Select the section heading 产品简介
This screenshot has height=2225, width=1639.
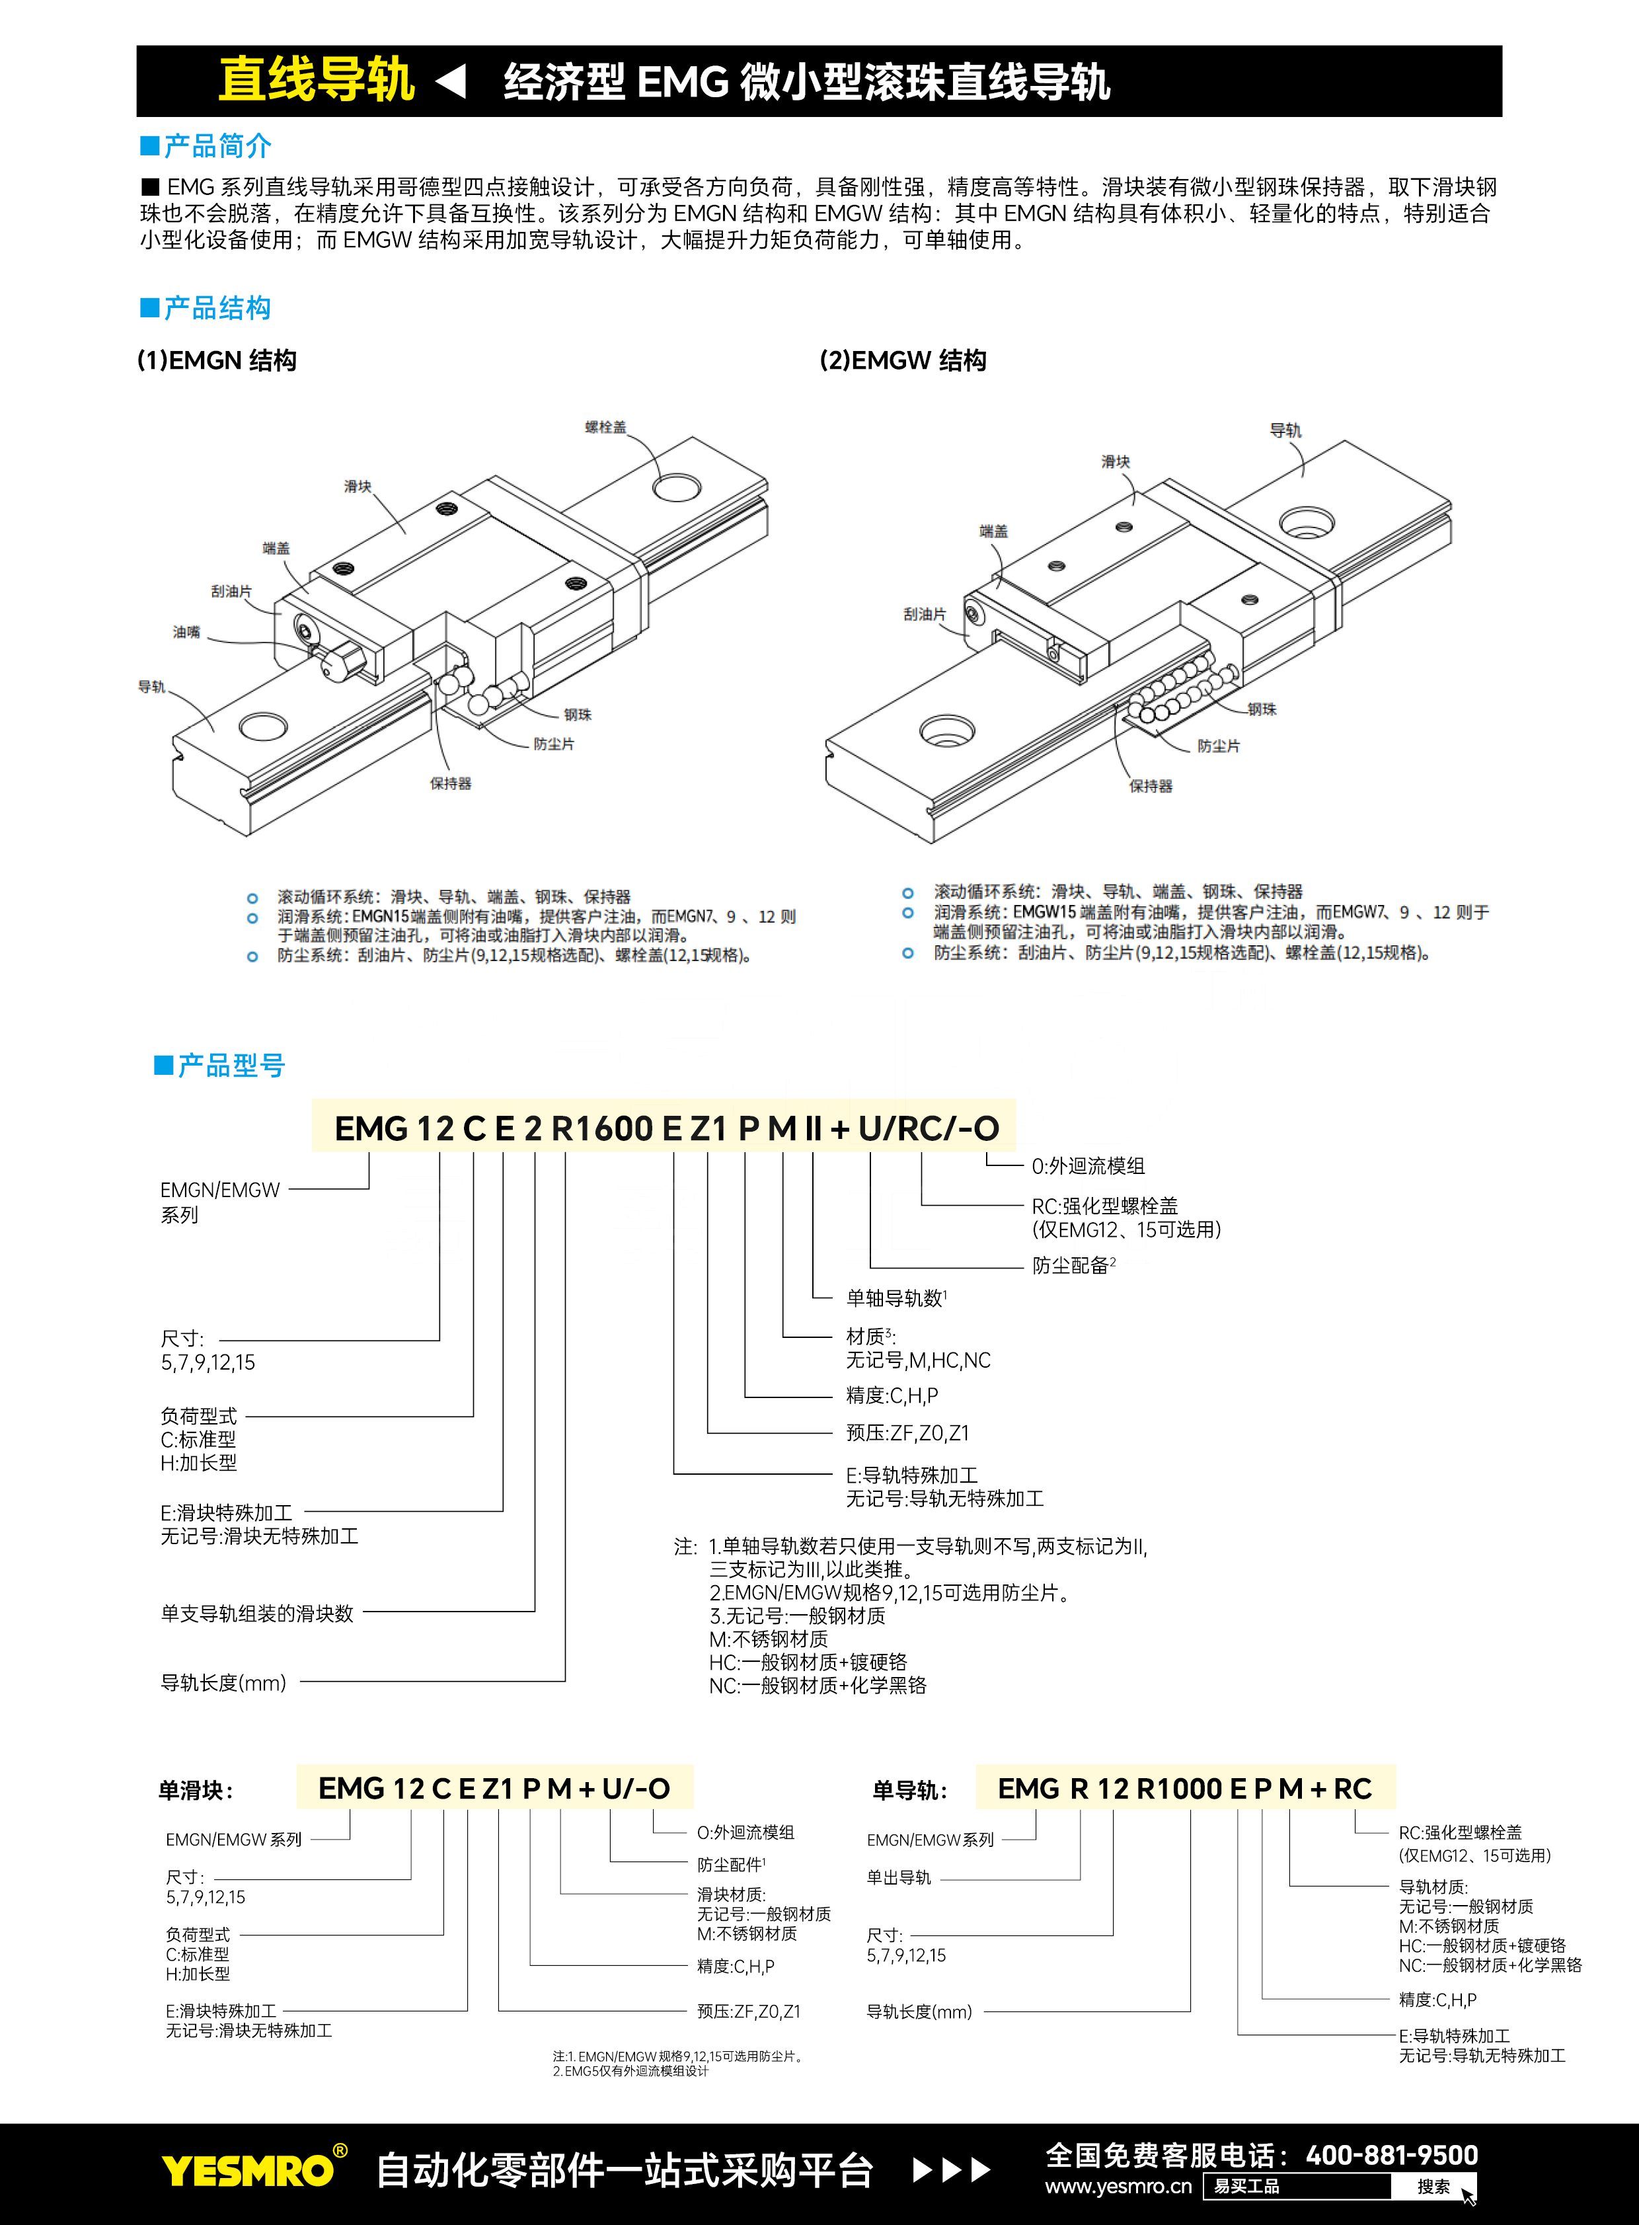point(216,147)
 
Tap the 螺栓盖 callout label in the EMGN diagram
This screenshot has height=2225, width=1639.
point(605,428)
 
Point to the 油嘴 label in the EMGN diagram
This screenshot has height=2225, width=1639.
point(186,632)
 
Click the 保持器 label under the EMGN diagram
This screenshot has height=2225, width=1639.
point(451,784)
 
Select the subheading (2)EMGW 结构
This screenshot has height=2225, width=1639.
point(903,360)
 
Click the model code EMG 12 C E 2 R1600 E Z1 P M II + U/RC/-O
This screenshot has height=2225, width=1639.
point(666,1128)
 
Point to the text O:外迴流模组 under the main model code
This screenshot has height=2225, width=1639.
point(1088,1166)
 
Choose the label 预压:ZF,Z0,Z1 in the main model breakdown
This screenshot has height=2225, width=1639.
point(907,1433)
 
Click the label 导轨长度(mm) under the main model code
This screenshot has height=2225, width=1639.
point(223,1683)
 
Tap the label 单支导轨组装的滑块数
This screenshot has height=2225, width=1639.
point(257,1614)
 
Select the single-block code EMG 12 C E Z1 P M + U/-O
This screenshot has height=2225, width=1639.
point(494,1788)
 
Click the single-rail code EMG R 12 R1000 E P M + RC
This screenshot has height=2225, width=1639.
point(1184,1788)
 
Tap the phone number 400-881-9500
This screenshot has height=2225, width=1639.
point(1391,2156)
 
